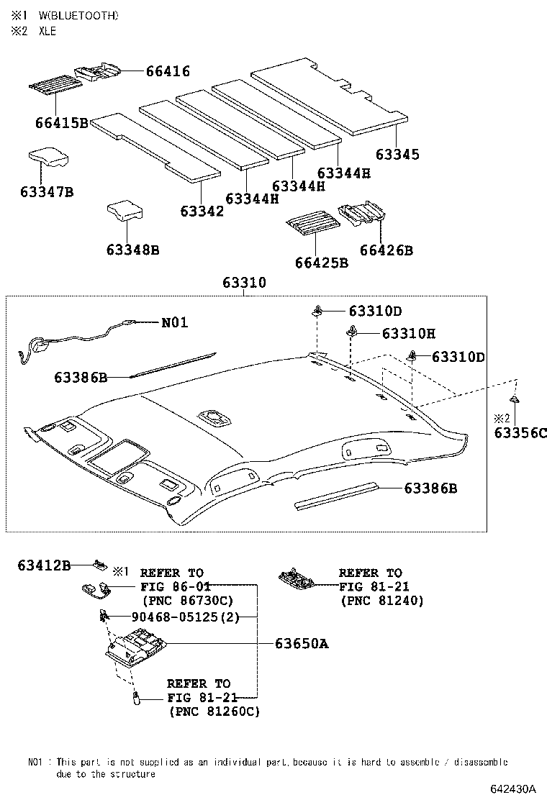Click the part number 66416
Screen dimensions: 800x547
[x=168, y=71]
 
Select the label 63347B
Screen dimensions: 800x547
[x=47, y=192]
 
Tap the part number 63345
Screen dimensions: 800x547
[x=397, y=155]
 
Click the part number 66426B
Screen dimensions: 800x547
[x=386, y=250]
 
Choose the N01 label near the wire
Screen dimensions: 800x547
[x=174, y=323]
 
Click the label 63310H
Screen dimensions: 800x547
[x=408, y=334]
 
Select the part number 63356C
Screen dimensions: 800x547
[x=520, y=432]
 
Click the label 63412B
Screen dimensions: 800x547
[x=44, y=565]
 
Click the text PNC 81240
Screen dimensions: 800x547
[x=381, y=600]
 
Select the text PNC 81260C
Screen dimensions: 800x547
[x=214, y=711]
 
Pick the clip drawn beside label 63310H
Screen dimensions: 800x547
[x=353, y=330]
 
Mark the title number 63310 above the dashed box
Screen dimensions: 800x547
[x=243, y=283]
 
